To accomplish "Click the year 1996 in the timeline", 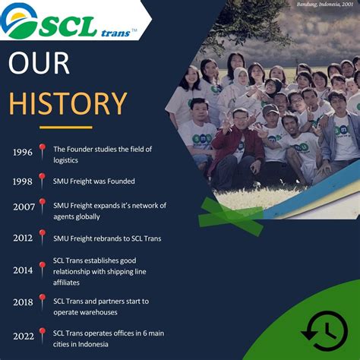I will (23, 153).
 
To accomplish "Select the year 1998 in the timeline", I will (23, 182).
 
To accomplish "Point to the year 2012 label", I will (23, 238).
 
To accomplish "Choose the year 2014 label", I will (23, 270).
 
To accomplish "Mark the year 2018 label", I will (23, 302).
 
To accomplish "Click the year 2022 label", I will (23, 335).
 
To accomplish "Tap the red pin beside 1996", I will (43, 150).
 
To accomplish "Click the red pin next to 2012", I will (43, 236).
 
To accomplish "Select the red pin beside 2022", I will (43, 333).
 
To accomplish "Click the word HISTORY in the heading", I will (68, 102).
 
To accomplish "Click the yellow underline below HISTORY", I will (65, 127).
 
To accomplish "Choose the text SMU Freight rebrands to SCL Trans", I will (107, 238).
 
